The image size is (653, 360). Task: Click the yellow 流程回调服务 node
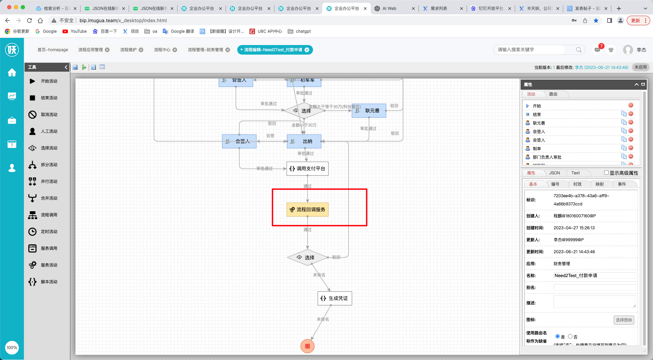(307, 210)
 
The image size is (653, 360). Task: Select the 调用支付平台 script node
(307, 169)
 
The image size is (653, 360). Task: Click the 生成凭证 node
(335, 298)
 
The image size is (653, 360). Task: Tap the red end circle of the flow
(307, 346)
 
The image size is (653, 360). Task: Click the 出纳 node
(304, 141)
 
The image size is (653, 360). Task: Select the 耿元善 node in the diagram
(369, 111)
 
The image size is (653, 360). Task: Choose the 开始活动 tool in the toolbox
(49, 81)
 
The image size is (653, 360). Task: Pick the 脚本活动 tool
(49, 282)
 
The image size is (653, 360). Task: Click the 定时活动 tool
(49, 232)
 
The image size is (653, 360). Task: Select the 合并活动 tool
(49, 198)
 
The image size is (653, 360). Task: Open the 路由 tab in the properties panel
(553, 94)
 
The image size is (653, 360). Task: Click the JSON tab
(554, 173)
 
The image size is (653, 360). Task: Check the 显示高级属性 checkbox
(606, 173)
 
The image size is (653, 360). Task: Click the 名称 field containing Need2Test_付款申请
(594, 276)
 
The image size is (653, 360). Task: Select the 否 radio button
(570, 336)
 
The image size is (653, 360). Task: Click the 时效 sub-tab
(577, 184)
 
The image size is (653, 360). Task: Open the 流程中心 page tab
(162, 50)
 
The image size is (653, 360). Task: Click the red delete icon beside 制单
(631, 148)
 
